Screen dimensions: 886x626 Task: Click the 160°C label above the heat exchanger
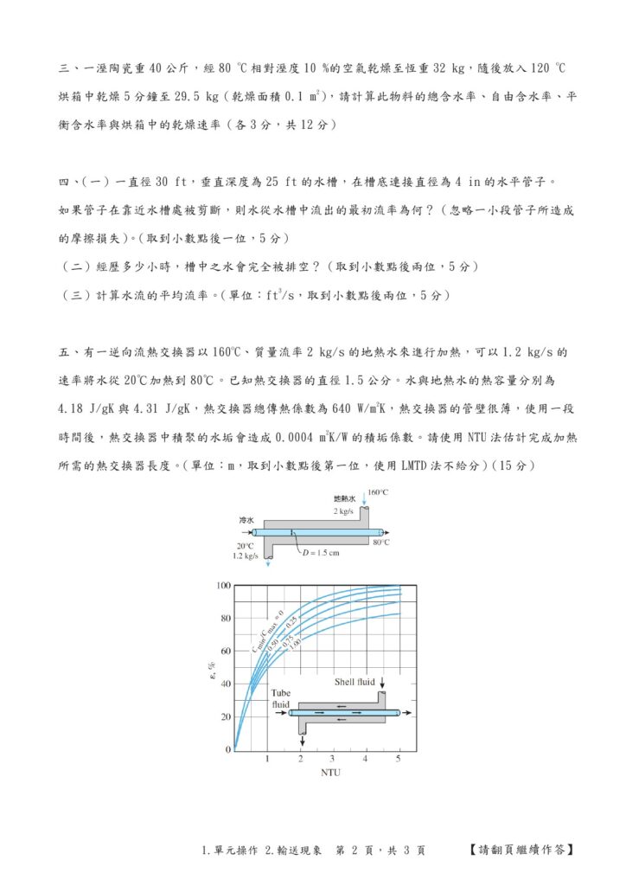click(x=378, y=492)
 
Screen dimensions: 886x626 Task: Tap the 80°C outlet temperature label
click(x=381, y=543)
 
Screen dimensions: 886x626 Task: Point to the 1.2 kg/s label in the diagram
click(x=246, y=556)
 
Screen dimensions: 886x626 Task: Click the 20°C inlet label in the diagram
click(x=245, y=546)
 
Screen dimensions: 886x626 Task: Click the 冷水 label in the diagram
click(x=246, y=521)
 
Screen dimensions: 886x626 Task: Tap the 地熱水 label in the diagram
click(x=344, y=499)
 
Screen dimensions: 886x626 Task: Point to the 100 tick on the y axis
click(x=224, y=586)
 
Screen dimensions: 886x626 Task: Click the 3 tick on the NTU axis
click(x=333, y=759)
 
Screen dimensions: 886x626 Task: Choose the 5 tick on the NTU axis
click(x=399, y=759)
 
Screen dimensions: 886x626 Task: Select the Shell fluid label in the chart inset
click(x=355, y=682)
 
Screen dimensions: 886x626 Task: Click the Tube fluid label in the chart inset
click(x=282, y=698)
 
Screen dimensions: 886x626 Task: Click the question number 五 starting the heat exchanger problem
click(x=64, y=353)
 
